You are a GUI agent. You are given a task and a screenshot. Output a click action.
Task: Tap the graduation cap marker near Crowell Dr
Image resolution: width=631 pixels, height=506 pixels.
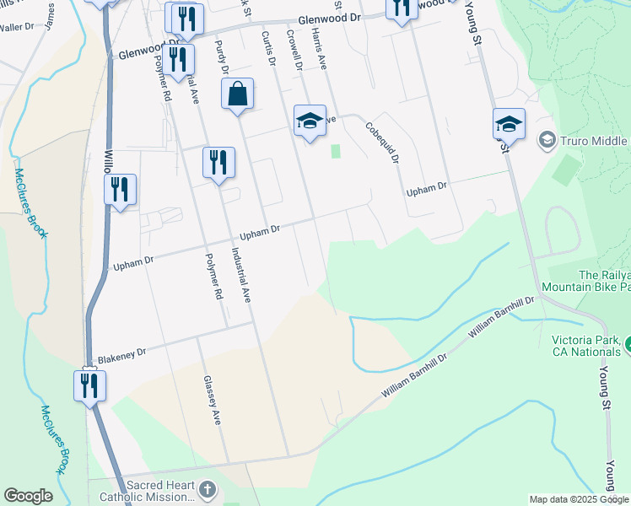310,121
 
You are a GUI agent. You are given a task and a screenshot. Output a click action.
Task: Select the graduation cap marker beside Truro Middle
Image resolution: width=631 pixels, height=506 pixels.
509,125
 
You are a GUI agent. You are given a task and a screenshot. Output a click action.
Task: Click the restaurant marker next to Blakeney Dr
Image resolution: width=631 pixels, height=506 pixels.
89,385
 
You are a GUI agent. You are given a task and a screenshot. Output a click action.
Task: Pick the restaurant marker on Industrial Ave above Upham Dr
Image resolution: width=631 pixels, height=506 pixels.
218,163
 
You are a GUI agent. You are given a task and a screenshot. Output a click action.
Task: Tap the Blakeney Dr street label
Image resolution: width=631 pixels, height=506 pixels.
121,356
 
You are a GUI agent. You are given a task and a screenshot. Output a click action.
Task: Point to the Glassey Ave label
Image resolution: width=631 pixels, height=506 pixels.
211,400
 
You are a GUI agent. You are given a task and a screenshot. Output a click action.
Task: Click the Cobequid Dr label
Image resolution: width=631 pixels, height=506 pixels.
381,143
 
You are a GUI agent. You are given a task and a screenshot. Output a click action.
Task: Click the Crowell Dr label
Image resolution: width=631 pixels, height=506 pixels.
294,51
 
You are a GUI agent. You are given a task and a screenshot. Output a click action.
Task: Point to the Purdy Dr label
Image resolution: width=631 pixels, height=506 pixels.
222,57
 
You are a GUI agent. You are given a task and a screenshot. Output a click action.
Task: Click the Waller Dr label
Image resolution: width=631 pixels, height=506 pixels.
17,27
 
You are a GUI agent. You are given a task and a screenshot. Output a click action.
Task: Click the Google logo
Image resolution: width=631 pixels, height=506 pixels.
28,496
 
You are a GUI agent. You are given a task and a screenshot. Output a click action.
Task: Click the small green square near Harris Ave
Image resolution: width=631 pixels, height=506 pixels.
336,151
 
